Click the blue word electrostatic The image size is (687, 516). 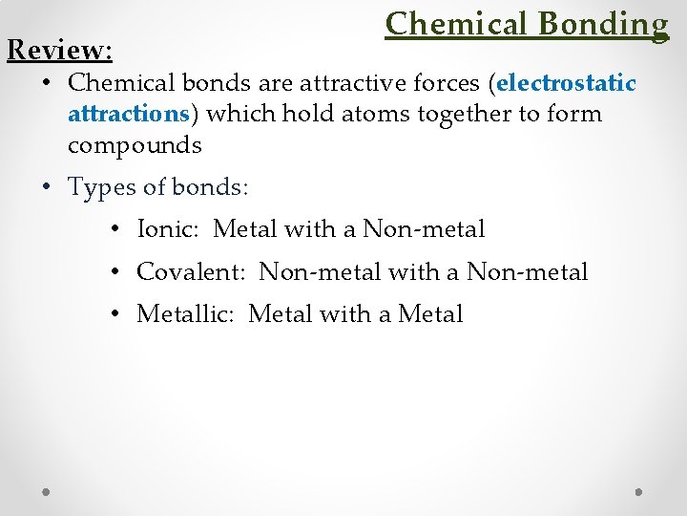click(566, 83)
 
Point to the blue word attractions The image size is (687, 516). click(128, 114)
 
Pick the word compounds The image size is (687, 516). click(135, 145)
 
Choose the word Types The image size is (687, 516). click(100, 187)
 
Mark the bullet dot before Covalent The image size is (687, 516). click(114, 273)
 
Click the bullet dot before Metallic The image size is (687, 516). click(114, 314)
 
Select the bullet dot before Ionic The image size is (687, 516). click(114, 230)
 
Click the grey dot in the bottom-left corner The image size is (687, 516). click(47, 491)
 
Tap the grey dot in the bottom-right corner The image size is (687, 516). click(638, 491)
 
